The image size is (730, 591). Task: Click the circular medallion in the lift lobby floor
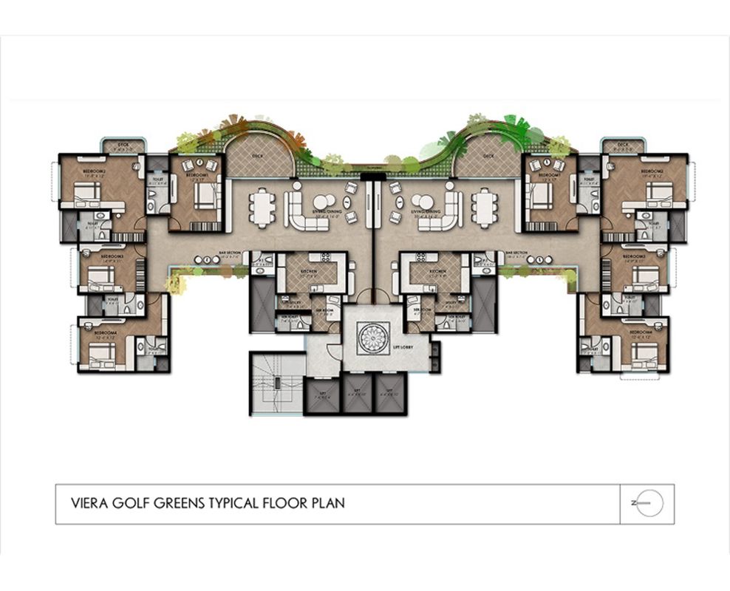click(369, 338)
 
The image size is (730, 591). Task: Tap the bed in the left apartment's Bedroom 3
click(101, 279)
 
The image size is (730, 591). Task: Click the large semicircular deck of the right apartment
click(487, 157)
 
